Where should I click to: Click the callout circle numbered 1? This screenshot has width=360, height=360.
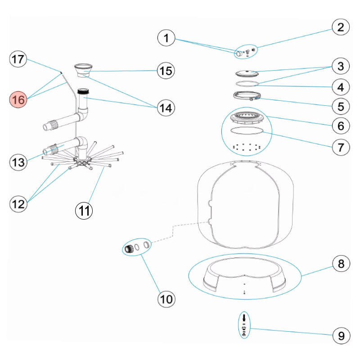click(x=166, y=38)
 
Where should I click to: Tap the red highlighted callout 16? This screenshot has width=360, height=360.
click(x=19, y=99)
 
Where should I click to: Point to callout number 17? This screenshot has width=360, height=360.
click(x=19, y=59)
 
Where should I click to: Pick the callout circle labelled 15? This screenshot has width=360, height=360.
click(x=166, y=71)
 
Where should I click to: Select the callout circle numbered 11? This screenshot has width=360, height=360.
click(x=84, y=210)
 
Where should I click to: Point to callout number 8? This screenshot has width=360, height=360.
click(x=341, y=263)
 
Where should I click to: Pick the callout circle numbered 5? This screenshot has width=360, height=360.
click(x=341, y=106)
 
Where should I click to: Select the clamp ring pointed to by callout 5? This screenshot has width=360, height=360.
click(x=247, y=96)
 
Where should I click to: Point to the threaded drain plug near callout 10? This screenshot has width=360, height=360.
click(x=130, y=248)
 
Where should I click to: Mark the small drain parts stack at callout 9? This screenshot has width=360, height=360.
click(x=243, y=325)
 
